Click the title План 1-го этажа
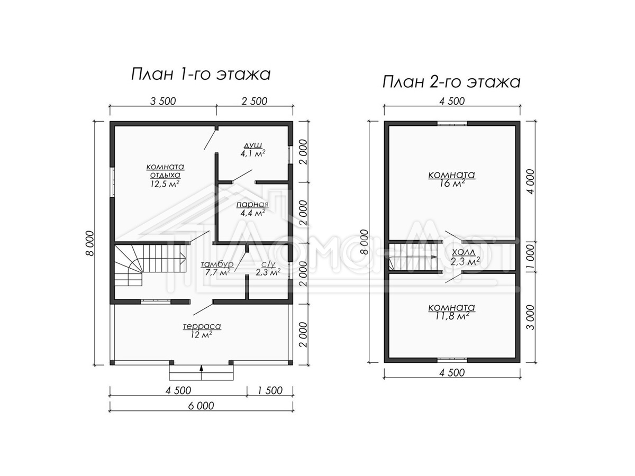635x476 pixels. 201,75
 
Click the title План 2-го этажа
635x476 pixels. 451,82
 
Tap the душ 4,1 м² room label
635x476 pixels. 253,149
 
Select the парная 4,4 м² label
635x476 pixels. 252,209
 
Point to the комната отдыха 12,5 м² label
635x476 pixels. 165,176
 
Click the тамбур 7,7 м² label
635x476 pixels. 217,269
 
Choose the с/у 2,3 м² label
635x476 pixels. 268,269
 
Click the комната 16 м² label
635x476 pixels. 451,179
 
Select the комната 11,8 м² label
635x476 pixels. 451,312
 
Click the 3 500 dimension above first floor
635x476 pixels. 163,101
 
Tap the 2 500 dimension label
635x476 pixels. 255,101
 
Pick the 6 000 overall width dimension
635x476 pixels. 201,406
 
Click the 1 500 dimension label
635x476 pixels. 269,390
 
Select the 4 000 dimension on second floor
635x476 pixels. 531,182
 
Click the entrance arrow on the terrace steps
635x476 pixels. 202,372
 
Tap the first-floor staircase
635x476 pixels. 150,265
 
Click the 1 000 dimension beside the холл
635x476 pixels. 531,257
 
